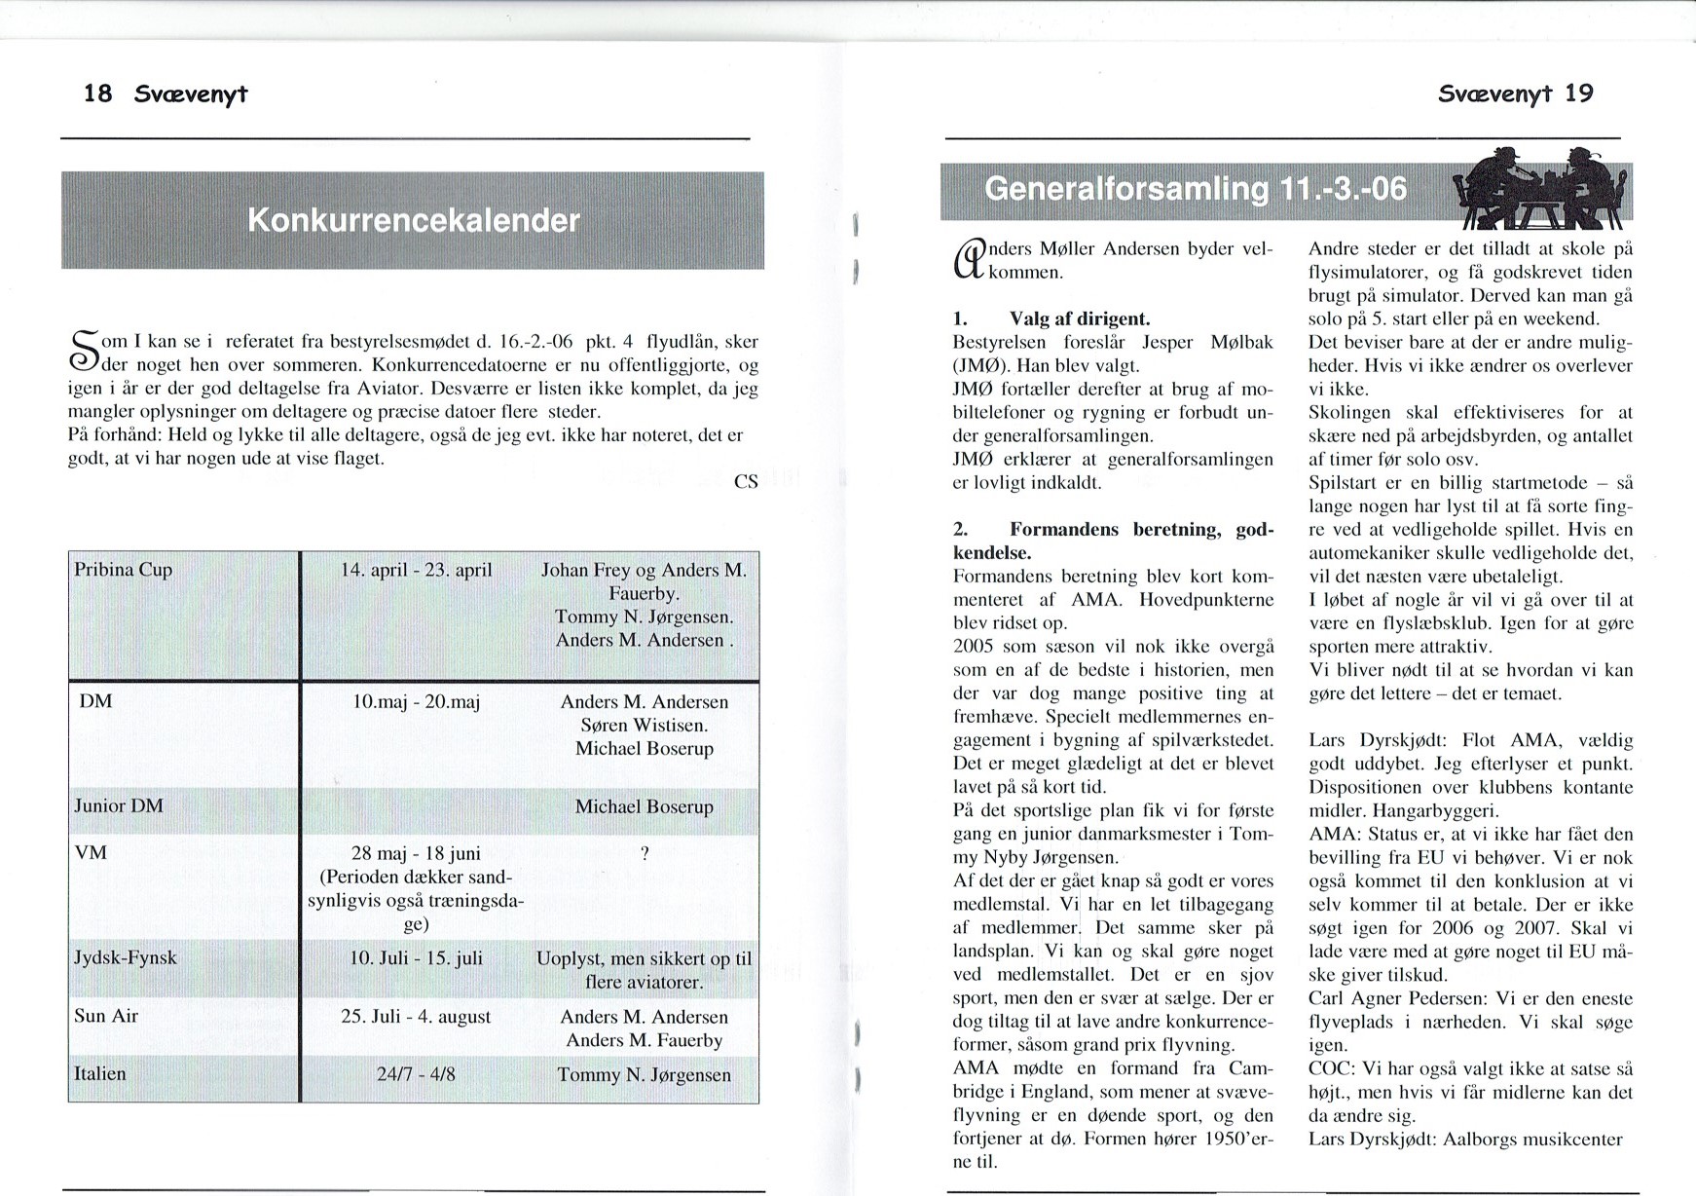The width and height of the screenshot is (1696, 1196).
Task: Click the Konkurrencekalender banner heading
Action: pyautogui.click(x=414, y=221)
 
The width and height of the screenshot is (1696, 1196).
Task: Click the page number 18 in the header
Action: pyautogui.click(x=97, y=93)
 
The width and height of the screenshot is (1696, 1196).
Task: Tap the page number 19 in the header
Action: pyautogui.click(x=1579, y=93)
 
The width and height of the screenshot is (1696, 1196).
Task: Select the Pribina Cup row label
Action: pyautogui.click(x=124, y=570)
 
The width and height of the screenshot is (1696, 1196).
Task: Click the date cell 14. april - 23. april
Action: pyautogui.click(x=416, y=570)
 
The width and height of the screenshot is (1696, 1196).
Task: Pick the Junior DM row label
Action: pyautogui.click(x=119, y=805)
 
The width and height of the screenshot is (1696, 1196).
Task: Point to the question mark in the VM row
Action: pyautogui.click(x=645, y=853)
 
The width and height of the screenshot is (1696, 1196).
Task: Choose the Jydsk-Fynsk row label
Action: pyautogui.click(x=126, y=957)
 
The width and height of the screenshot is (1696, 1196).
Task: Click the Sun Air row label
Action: pyautogui.click(x=106, y=1016)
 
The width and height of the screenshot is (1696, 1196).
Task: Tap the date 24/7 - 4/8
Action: pyautogui.click(x=416, y=1074)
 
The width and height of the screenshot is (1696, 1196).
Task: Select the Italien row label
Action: pyautogui.click(x=100, y=1073)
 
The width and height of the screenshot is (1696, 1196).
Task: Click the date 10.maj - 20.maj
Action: pyautogui.click(x=416, y=701)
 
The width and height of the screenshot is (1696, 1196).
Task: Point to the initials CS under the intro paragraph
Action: pyautogui.click(x=746, y=481)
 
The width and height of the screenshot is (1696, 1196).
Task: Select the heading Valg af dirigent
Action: pyautogui.click(x=1080, y=318)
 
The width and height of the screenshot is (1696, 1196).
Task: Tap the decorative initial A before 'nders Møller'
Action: pyautogui.click(x=968, y=260)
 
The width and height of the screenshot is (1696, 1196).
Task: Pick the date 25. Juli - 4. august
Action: pyautogui.click(x=416, y=1016)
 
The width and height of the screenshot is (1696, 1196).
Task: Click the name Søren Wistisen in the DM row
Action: pyautogui.click(x=645, y=725)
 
